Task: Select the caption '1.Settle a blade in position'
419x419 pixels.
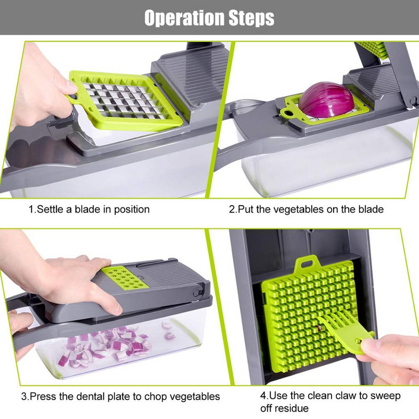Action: click(x=89, y=210)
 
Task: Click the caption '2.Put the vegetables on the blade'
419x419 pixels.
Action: click(x=306, y=210)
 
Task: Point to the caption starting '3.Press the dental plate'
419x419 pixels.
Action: click(x=120, y=396)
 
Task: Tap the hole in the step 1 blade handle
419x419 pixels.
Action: click(x=74, y=97)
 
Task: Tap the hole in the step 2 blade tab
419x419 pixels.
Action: click(x=287, y=112)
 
